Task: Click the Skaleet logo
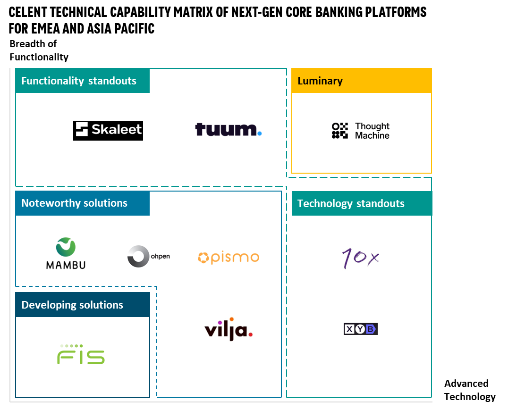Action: (109, 129)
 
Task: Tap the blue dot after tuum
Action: (260, 134)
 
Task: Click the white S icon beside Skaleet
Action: (82, 129)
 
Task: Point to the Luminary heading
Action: (320, 81)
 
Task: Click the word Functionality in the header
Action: (52, 81)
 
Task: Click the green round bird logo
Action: (66, 247)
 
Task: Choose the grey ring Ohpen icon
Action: (138, 257)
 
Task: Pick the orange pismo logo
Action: (229, 257)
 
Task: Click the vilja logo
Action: (228, 329)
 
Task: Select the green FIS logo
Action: (81, 355)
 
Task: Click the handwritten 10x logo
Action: (361, 258)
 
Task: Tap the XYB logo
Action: (361, 329)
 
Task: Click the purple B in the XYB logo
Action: (372, 329)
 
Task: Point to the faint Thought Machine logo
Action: (361, 131)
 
